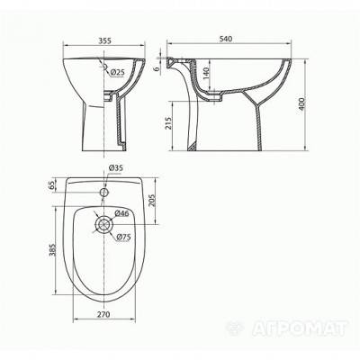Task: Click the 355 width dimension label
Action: (104, 40)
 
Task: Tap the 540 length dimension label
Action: (226, 39)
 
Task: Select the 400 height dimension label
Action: (301, 103)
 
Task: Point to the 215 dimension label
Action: (169, 123)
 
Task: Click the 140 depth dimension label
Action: (206, 73)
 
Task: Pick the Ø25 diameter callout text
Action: (117, 72)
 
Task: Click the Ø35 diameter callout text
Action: (115, 168)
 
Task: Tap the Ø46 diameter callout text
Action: (121, 213)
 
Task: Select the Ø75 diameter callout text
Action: (123, 237)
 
